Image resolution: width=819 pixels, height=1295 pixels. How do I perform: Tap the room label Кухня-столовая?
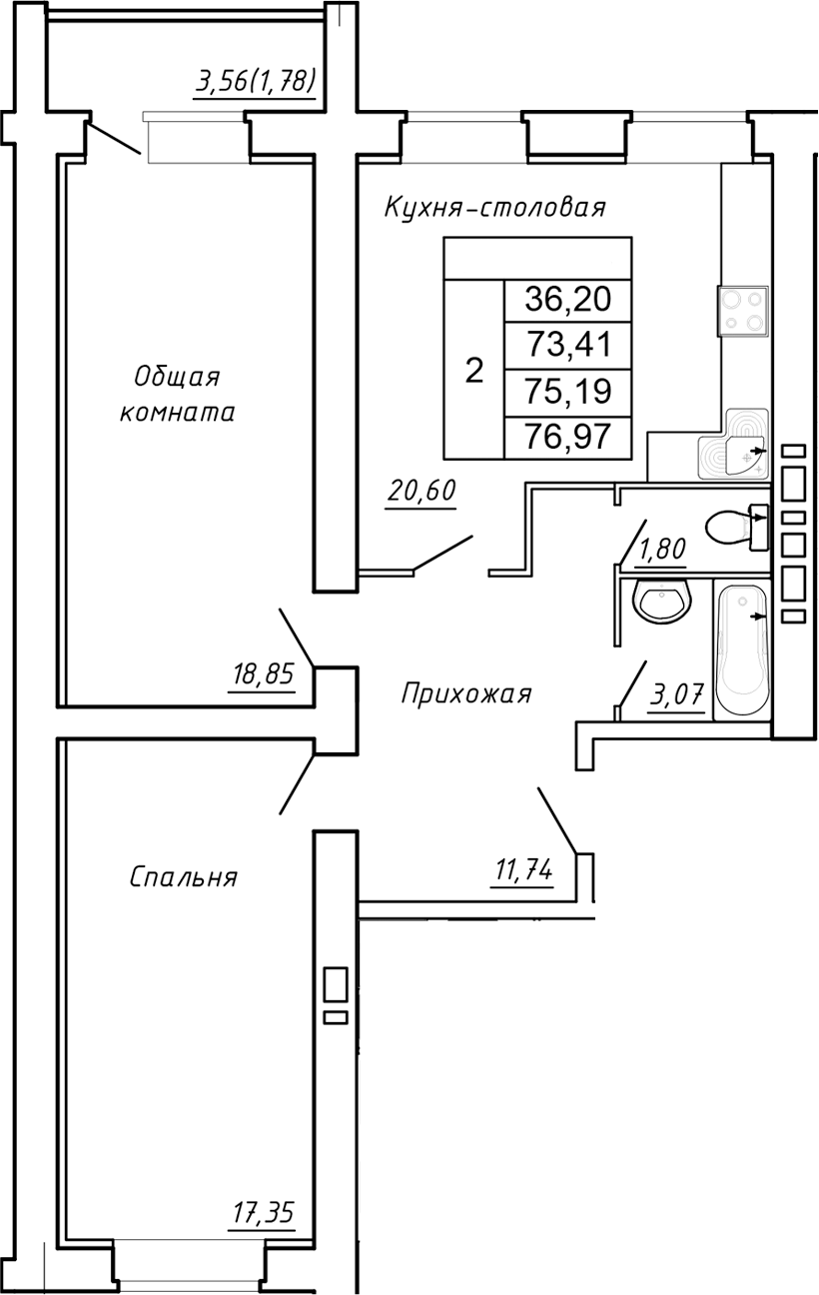tap(495, 208)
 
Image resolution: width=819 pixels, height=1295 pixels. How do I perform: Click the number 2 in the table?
tap(474, 372)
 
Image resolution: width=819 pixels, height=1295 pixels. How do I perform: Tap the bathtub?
tap(742, 649)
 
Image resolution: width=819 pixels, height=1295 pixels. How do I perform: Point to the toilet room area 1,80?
tap(661, 551)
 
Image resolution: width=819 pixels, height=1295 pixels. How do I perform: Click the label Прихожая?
tap(466, 693)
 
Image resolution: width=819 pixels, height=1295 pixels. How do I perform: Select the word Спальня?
tap(183, 877)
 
